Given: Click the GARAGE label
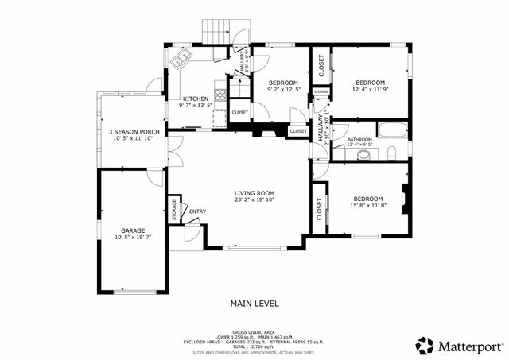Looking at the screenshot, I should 133,230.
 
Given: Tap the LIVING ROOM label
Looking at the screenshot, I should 254,193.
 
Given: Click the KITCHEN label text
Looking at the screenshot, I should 195,99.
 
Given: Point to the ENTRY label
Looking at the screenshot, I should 196,211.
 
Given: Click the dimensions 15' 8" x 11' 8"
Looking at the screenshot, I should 368,205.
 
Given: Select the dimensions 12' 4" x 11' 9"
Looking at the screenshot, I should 370,90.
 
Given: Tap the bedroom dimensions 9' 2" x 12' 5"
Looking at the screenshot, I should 283,90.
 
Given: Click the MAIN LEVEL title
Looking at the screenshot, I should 254,303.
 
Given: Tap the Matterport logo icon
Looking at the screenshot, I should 425,346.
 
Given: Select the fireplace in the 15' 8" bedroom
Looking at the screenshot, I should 406,199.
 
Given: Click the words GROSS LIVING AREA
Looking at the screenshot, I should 254,331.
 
